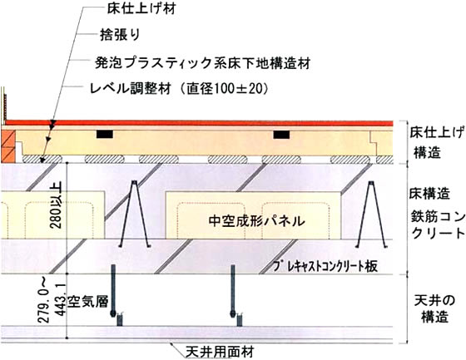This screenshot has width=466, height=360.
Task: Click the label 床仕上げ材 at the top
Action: pos(141,7)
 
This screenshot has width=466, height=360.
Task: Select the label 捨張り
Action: pos(120,35)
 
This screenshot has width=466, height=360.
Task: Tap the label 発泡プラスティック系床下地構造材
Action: pos(203,62)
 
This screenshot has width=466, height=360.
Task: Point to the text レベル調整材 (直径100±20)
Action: pos(179,88)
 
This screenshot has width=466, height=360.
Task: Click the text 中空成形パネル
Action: pos(257,220)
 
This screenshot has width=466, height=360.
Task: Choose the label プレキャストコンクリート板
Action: pos(325,266)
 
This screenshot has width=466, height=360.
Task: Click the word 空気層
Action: pos(87,301)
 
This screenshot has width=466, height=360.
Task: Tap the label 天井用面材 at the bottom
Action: pos(220,353)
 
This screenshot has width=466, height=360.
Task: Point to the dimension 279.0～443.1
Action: pos(52,303)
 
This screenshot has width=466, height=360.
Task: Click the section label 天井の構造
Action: pos(434,309)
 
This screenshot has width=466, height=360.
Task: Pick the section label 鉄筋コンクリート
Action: pos(438,224)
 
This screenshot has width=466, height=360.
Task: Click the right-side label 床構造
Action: pos(429,194)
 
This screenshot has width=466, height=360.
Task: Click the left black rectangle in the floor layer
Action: pos(105,134)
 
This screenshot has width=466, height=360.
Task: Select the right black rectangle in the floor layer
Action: pos(281,135)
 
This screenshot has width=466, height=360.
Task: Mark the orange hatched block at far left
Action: pos(7,146)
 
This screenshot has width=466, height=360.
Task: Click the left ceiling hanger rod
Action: pos(113,291)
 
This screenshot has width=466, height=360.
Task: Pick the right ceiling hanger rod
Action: pos(233,291)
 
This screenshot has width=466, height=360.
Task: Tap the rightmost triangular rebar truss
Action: pos(371,214)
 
